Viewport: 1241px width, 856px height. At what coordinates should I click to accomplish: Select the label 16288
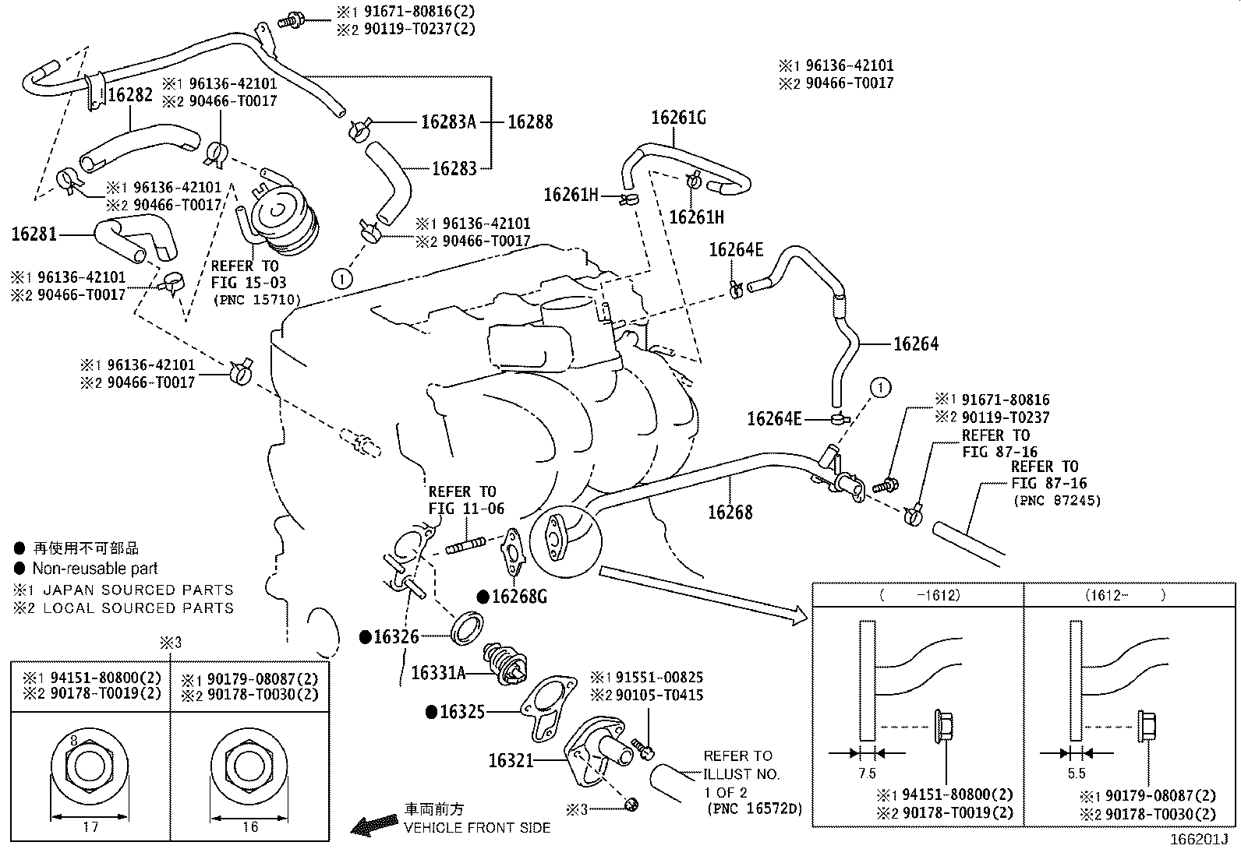click(x=530, y=122)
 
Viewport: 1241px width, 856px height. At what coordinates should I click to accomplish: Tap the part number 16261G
click(x=678, y=118)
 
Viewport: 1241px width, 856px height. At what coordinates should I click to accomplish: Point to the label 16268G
click(x=520, y=597)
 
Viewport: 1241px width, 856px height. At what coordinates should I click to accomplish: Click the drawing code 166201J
click(x=1198, y=840)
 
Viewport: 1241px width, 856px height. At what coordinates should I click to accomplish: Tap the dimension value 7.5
click(x=867, y=773)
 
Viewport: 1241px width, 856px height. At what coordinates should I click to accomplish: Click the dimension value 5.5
click(x=1077, y=773)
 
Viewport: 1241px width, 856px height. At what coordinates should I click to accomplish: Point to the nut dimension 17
click(x=90, y=827)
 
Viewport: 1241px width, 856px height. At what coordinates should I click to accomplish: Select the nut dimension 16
click(x=249, y=827)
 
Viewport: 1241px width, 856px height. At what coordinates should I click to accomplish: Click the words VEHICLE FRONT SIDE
click(x=476, y=828)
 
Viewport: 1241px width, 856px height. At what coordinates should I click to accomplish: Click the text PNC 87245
click(x=1057, y=501)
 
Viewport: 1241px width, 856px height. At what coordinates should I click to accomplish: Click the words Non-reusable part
click(x=94, y=569)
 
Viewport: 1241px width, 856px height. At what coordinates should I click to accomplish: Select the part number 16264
click(x=915, y=343)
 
